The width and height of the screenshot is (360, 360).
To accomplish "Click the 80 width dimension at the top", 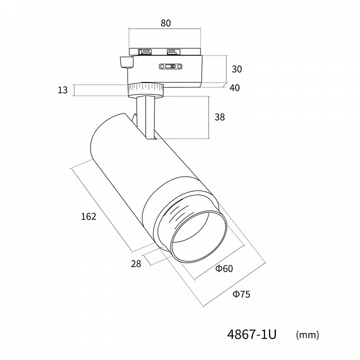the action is (x=165, y=23).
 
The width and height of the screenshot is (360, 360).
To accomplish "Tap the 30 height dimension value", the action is (x=236, y=69).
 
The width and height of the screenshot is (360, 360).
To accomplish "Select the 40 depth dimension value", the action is (x=234, y=87).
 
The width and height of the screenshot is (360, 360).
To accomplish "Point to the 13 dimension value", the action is (x=62, y=90).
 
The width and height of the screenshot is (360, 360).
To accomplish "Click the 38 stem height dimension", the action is (x=219, y=117).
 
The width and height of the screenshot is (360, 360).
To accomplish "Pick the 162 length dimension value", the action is (x=88, y=216).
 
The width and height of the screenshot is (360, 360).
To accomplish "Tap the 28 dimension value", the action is (x=136, y=264).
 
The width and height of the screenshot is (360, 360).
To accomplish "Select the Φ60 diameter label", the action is (x=224, y=268).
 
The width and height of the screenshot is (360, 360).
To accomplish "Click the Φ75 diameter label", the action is (x=241, y=294).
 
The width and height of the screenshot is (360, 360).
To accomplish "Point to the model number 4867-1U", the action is (x=251, y=334).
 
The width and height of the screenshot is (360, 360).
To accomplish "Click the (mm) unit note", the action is (x=307, y=335).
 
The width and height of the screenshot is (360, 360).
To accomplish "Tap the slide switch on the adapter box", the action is (x=170, y=66).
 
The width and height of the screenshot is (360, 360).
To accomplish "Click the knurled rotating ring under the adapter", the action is (x=146, y=90).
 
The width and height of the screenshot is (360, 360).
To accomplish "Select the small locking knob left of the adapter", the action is (x=126, y=62).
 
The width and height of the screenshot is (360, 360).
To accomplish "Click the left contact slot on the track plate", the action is (x=144, y=51).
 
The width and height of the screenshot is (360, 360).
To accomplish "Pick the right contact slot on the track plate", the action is (x=174, y=51).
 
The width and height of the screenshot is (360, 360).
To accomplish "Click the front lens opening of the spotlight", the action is (x=199, y=236).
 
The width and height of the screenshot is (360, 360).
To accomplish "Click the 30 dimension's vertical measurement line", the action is (x=226, y=69).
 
